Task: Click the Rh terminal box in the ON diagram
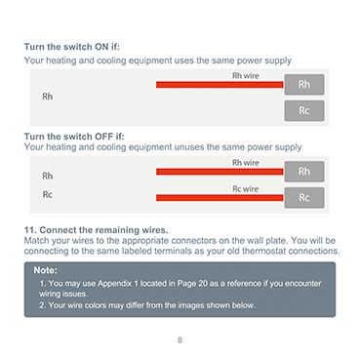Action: point(304,85)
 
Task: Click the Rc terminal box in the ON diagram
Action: point(304,110)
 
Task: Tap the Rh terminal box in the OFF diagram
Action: point(304,172)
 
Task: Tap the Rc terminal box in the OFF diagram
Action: point(304,197)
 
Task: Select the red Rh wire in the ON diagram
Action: point(220,85)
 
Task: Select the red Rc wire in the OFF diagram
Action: point(220,198)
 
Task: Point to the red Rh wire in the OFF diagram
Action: point(220,172)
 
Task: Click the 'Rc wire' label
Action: point(246,189)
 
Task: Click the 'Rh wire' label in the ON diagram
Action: point(246,76)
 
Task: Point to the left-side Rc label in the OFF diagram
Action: point(48,194)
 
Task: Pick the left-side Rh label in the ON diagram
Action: point(48,97)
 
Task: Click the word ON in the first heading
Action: point(101,47)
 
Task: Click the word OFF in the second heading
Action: point(103,137)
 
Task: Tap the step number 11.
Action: point(30,230)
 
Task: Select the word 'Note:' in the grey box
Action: point(46,270)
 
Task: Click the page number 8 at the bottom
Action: point(180,340)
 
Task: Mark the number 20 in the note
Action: point(203,284)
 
